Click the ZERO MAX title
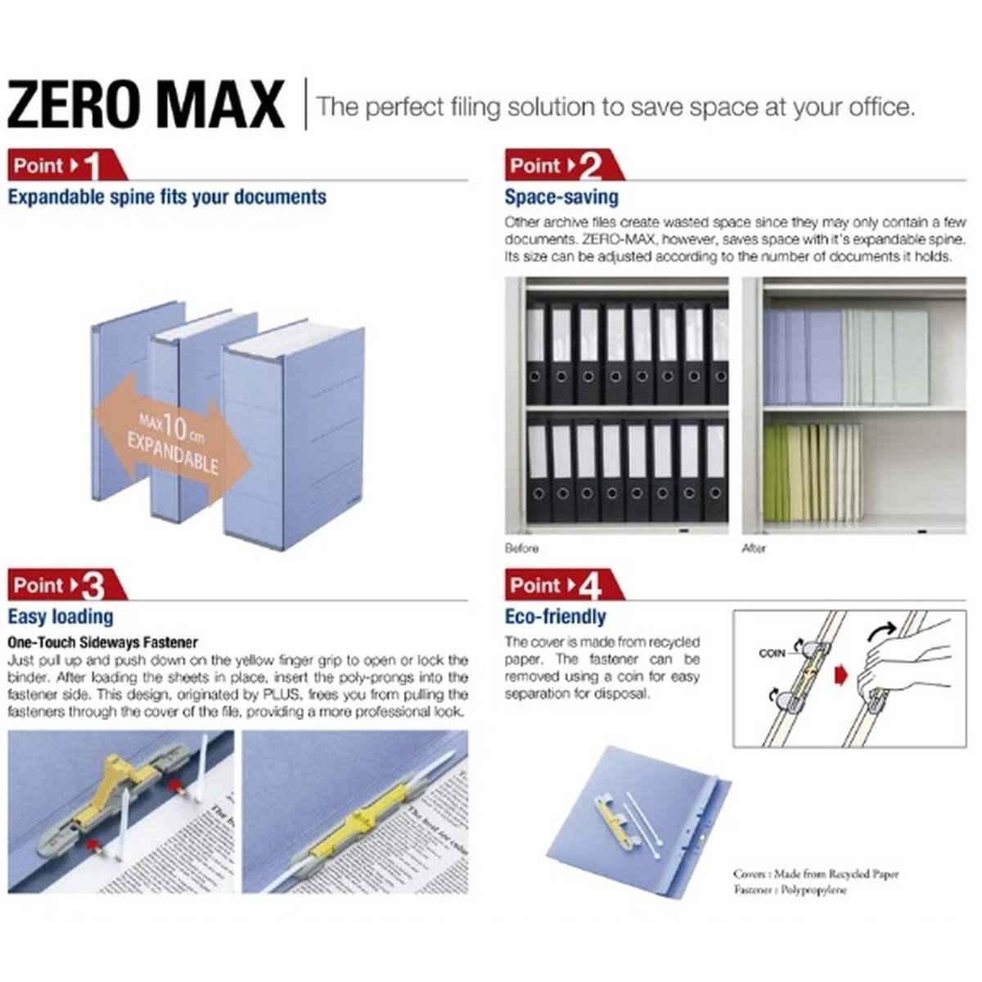pos(146,104)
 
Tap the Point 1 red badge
pos(65,165)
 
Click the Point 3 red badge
pos(65,585)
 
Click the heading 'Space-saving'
pos(561,197)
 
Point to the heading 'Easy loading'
pos(61,617)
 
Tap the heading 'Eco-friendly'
pos(555,617)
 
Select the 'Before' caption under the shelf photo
pos(521,548)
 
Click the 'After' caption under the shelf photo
pos(753,548)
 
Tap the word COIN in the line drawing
pos(771,653)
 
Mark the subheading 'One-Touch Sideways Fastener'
pos(103,642)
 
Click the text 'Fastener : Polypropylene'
pos(790,890)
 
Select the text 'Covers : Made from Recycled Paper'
pos(815,874)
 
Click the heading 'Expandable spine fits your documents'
pos(167,197)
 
